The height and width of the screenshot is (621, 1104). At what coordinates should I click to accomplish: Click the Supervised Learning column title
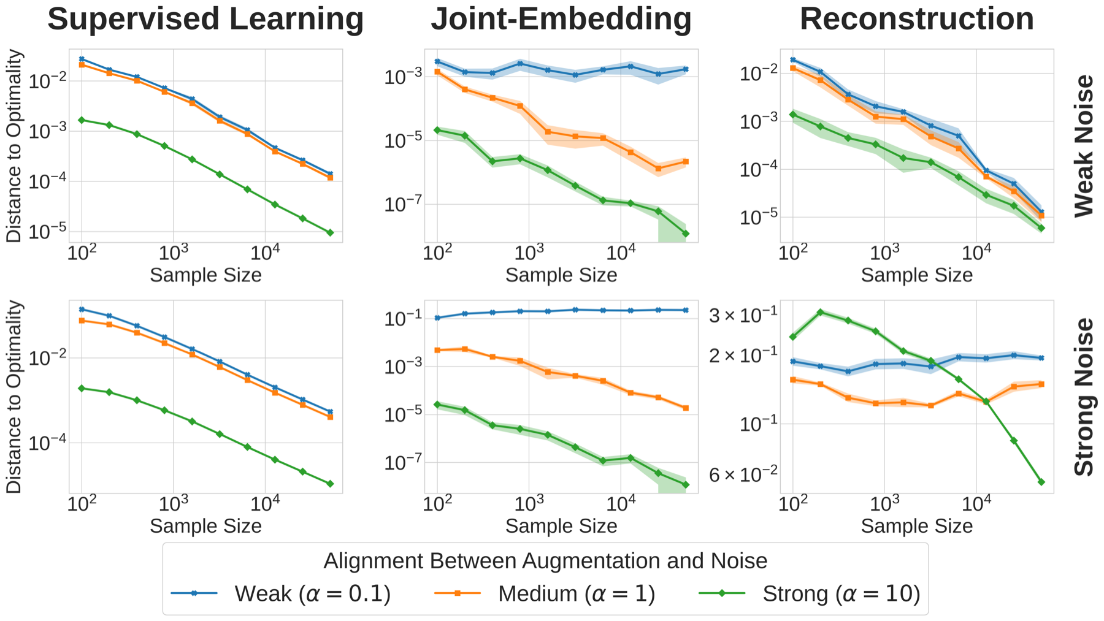coord(205,19)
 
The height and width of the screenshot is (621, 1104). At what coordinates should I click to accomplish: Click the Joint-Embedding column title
coord(561,19)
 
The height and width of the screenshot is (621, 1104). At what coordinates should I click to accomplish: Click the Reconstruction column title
coord(916,19)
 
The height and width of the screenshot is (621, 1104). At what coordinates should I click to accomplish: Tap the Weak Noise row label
coord(1084,146)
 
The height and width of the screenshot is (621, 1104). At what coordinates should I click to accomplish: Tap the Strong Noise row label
coord(1084,397)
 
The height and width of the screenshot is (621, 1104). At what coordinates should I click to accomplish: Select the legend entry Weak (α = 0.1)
coord(312,593)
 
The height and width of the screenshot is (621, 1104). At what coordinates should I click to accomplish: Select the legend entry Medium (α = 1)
coord(576,593)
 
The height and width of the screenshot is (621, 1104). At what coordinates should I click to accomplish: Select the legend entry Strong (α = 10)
coord(841,593)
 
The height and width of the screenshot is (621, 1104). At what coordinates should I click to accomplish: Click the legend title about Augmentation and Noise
coord(545,561)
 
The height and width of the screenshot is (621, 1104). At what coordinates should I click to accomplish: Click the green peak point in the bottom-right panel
coord(821,312)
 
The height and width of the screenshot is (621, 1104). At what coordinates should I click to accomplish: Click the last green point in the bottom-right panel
coord(1041,482)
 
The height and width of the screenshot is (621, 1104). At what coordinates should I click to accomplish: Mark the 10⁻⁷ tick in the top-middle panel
coord(402,205)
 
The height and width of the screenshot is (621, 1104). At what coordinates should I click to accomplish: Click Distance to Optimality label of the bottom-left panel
coord(14,397)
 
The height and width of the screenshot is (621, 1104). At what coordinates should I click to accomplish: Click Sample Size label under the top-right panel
coord(916,275)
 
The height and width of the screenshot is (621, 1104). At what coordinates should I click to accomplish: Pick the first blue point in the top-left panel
coord(82,59)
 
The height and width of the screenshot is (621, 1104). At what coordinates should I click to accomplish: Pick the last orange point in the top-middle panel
coord(686,162)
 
